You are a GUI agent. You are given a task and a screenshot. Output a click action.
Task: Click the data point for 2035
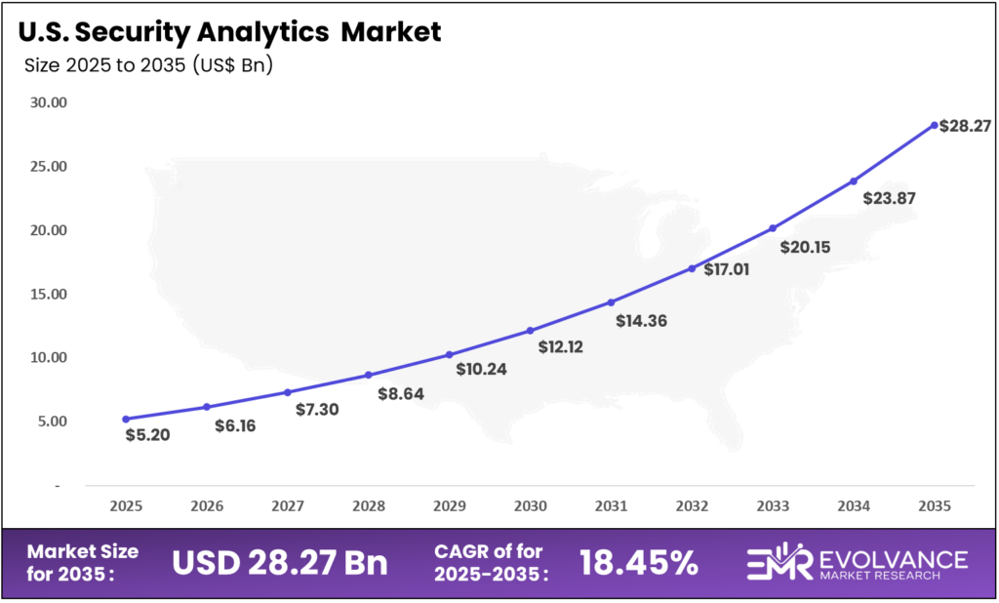(x=934, y=125)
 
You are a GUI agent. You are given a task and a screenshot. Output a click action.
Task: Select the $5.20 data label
(x=148, y=435)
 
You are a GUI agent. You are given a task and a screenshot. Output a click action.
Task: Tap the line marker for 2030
(x=530, y=331)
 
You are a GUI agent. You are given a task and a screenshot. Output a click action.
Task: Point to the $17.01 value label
(x=727, y=269)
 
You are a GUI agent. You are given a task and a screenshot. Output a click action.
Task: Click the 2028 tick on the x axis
(x=368, y=506)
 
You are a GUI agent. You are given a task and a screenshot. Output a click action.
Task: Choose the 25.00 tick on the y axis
(x=47, y=167)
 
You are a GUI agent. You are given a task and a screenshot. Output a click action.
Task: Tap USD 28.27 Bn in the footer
(x=279, y=563)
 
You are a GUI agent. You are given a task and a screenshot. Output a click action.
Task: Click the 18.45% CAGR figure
(x=638, y=563)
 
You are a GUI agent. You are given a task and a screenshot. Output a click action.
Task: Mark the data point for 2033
(x=773, y=228)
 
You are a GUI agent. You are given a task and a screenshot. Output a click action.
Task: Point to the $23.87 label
(x=889, y=198)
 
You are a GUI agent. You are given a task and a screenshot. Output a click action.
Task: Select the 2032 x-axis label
(x=692, y=506)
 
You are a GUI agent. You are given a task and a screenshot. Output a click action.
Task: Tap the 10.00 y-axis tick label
(x=47, y=358)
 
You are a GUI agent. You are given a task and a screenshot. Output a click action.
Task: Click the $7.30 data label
(x=317, y=410)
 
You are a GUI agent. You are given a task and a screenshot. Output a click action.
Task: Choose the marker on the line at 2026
(x=206, y=407)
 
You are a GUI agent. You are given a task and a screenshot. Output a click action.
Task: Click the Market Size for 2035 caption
(x=82, y=563)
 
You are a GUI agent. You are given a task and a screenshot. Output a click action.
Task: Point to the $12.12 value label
(x=560, y=346)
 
